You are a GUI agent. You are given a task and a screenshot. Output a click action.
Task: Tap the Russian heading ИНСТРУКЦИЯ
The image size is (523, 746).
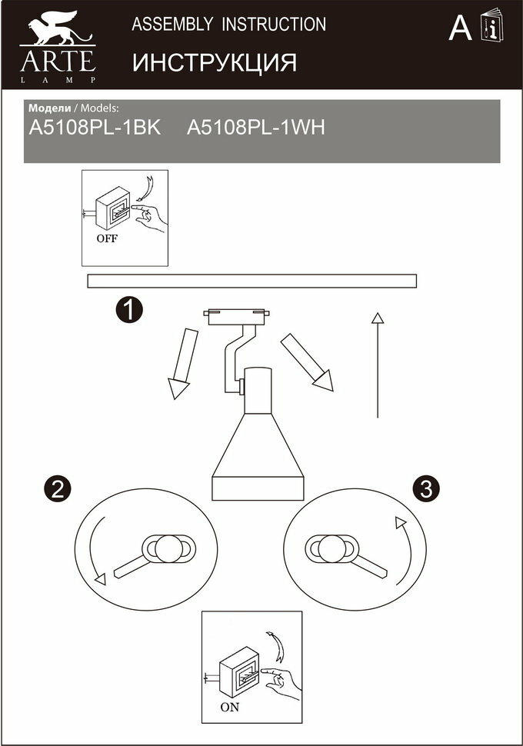[x=215, y=62]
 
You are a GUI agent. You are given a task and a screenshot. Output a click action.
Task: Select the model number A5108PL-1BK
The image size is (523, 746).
[x=94, y=128]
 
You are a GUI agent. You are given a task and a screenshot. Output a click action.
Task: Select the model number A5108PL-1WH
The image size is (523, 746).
[x=256, y=128]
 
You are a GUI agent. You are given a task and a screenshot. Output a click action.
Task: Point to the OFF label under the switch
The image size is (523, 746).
[x=107, y=238]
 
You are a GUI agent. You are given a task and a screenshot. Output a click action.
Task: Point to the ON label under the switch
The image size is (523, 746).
[x=229, y=708]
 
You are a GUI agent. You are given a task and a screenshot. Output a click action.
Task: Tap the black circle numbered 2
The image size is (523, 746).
[x=58, y=488]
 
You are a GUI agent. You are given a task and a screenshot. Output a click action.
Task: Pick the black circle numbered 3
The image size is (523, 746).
[x=426, y=488]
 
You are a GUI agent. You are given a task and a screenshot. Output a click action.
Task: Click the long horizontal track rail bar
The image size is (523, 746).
[x=252, y=281]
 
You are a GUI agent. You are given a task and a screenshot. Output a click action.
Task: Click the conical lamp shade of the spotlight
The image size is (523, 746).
[x=258, y=454]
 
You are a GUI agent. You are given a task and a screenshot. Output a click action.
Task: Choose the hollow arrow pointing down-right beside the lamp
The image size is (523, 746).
[x=307, y=361]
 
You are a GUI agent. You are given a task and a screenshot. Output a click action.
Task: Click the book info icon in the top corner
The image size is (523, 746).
[x=490, y=27]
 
